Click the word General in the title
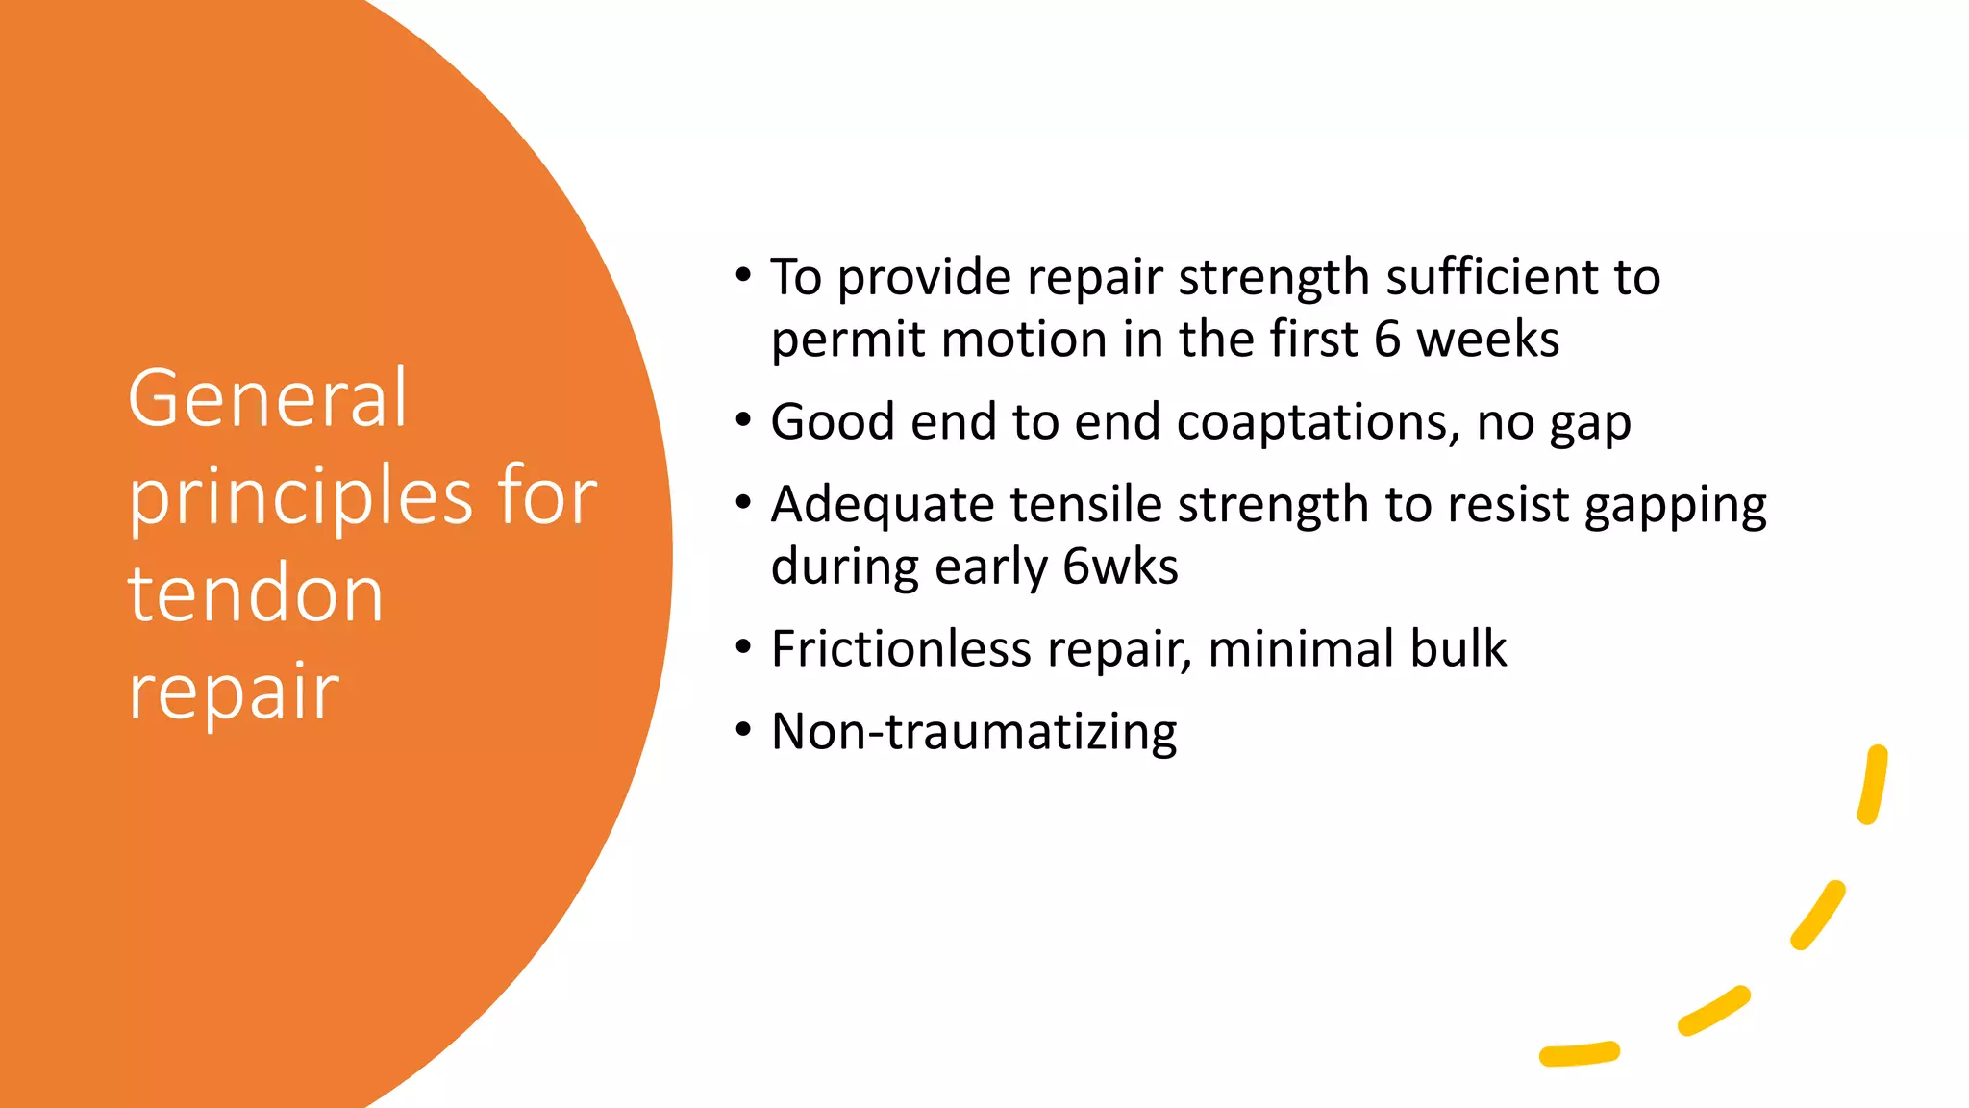(268, 397)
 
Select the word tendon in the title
(256, 593)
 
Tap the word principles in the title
(300, 498)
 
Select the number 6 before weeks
(1386, 340)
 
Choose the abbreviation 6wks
(1120, 567)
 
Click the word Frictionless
(901, 648)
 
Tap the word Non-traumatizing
(974, 732)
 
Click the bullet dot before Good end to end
(743, 420)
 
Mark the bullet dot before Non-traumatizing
(743, 730)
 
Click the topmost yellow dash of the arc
(1873, 785)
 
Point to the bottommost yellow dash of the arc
(1580, 1054)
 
